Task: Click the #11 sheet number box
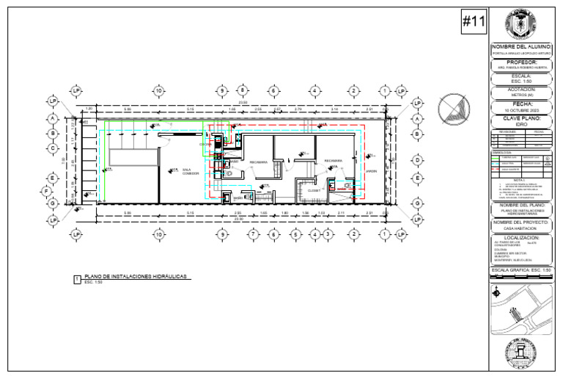pyautogui.click(x=474, y=23)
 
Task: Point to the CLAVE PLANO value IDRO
pyautogui.click(x=522, y=124)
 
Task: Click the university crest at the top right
pyautogui.click(x=522, y=24)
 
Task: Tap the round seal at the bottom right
pyautogui.click(x=522, y=353)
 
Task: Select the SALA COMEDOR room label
pyautogui.click(x=171, y=171)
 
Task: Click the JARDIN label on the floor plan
pyautogui.click(x=371, y=171)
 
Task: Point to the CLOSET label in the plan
pyautogui.click(x=314, y=189)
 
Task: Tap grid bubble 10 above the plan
pyautogui.click(x=158, y=90)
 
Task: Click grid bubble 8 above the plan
pyautogui.click(x=241, y=90)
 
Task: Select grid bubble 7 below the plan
pyautogui.click(x=253, y=234)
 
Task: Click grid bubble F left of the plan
pyautogui.click(x=45, y=192)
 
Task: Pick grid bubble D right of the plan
pyautogui.click(x=416, y=159)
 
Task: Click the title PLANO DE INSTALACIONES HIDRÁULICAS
pyautogui.click(x=136, y=276)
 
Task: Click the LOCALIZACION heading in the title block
pyautogui.click(x=522, y=238)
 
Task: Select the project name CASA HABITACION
pyautogui.click(x=522, y=228)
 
